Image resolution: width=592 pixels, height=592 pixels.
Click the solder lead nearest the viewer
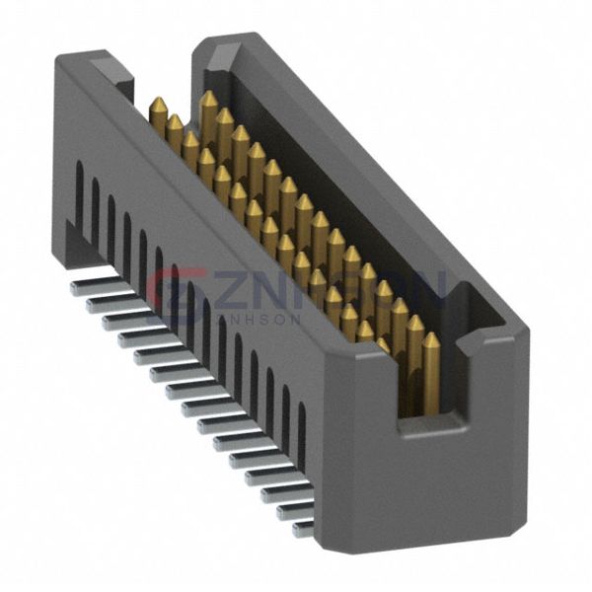pyautogui.click(x=302, y=529)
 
